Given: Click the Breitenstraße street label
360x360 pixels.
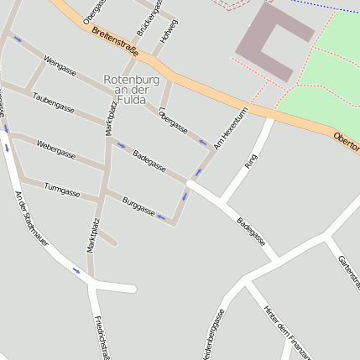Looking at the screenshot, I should [118, 42].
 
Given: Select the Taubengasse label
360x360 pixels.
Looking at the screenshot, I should [53, 102].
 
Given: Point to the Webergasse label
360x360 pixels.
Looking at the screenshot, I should [56, 150].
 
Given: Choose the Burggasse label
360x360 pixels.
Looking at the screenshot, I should [138, 206].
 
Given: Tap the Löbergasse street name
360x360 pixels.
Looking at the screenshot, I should [173, 120].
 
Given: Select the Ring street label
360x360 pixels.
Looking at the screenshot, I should [250, 161].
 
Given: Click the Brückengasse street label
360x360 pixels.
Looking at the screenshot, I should [148, 25].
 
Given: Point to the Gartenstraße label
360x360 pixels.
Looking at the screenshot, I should [347, 273].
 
